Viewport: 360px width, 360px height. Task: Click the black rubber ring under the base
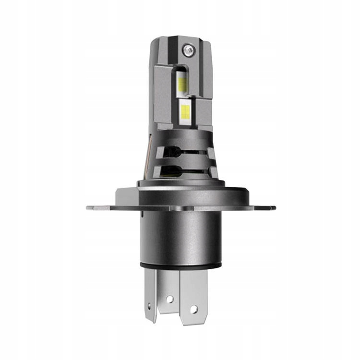(181, 265)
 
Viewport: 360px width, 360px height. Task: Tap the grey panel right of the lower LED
(204, 113)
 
